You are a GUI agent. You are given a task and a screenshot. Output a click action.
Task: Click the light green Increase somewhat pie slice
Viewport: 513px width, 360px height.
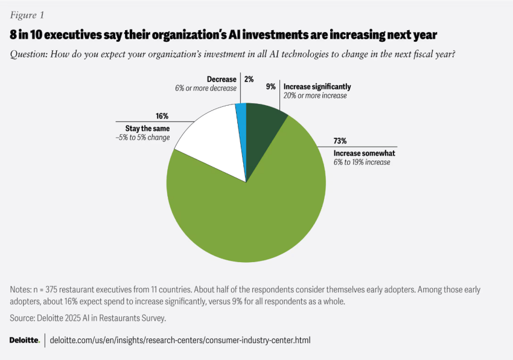click(x=253, y=211)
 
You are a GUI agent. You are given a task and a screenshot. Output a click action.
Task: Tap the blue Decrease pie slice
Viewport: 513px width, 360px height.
click(x=241, y=109)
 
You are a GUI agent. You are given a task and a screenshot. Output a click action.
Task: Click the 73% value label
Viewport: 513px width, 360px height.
click(x=340, y=141)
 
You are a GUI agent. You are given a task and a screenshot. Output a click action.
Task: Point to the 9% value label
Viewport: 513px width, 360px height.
click(x=271, y=86)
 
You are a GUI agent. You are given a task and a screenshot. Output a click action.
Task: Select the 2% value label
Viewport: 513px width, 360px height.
click(x=249, y=79)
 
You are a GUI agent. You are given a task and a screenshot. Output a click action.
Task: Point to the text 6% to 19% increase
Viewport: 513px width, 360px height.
click(x=362, y=162)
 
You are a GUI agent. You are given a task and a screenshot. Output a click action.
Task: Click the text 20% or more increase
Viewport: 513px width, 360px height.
click(x=315, y=95)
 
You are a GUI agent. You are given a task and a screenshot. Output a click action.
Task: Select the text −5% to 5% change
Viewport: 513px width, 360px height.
click(x=142, y=137)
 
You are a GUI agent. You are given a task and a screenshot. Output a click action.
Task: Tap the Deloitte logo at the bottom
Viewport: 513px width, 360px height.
click(x=24, y=341)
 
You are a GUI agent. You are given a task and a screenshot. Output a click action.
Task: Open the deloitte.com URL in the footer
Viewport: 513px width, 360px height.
click(x=180, y=341)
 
